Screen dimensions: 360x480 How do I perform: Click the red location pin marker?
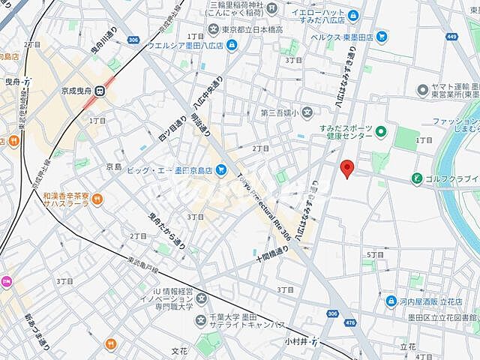click(346, 168)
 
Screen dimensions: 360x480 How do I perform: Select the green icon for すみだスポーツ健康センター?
click(381, 133)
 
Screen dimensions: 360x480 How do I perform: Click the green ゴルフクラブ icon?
click(416, 178)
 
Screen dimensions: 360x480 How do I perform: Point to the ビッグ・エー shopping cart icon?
click(220, 170)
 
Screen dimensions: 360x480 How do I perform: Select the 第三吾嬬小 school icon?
click(307, 113)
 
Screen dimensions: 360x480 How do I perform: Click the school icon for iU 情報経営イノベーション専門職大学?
click(201, 319)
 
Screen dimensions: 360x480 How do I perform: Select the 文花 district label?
click(179, 350)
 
